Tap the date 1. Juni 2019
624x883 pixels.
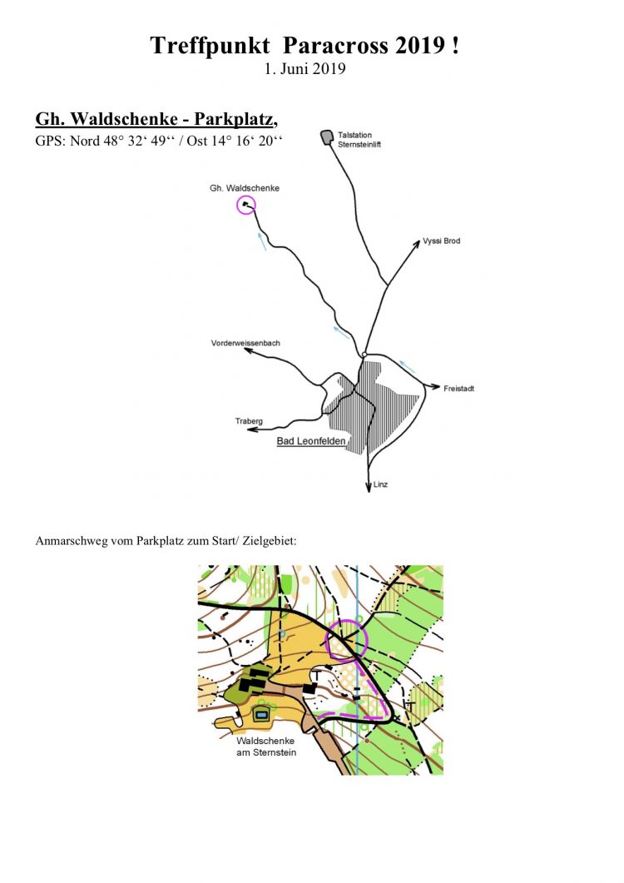(x=305, y=69)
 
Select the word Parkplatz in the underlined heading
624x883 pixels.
(x=233, y=119)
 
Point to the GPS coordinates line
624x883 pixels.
(x=159, y=141)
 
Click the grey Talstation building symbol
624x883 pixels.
(x=327, y=136)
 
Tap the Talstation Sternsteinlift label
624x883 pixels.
(x=359, y=140)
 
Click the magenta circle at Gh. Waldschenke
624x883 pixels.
(x=246, y=206)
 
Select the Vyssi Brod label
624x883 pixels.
(x=442, y=241)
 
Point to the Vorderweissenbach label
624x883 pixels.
(x=245, y=343)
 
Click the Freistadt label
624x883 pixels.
(x=458, y=389)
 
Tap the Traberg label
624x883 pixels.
(x=249, y=420)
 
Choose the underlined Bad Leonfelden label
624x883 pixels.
(x=311, y=441)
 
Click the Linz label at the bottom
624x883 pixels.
(x=381, y=484)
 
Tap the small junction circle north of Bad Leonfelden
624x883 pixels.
(x=364, y=355)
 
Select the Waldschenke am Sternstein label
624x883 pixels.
(x=265, y=747)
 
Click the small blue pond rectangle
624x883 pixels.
(x=260, y=715)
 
